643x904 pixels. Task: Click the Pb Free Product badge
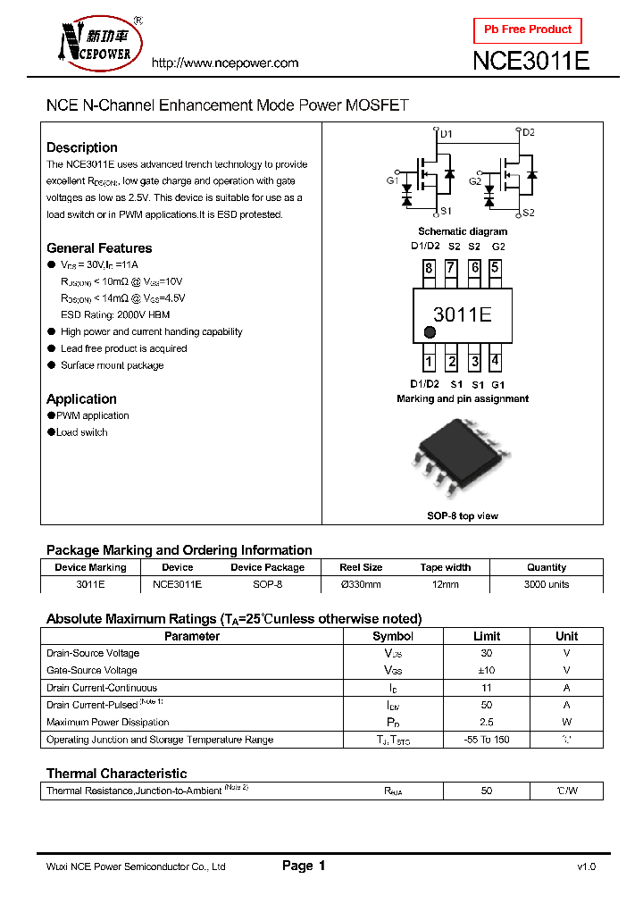coord(527,30)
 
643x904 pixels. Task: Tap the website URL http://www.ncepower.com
coord(225,63)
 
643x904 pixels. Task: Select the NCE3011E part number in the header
coord(530,62)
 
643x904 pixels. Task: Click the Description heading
coord(81,147)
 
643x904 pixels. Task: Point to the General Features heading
coord(99,248)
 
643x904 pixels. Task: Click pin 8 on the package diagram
coord(430,268)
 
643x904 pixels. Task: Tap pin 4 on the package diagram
coord(496,362)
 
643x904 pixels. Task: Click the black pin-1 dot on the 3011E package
coord(430,332)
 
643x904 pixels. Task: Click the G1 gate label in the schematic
coord(392,180)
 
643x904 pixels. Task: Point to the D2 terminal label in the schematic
coord(529,133)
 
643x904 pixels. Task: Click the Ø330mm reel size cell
coord(361,584)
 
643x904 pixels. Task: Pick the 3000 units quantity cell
coord(547,584)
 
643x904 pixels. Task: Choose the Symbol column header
coord(393,636)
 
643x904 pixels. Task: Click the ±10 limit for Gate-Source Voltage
coord(487,670)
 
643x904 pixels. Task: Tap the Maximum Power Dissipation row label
coord(107,722)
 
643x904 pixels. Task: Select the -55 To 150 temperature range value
coord(487,740)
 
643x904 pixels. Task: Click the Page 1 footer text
coord(304,866)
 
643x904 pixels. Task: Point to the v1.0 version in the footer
coord(586,866)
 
